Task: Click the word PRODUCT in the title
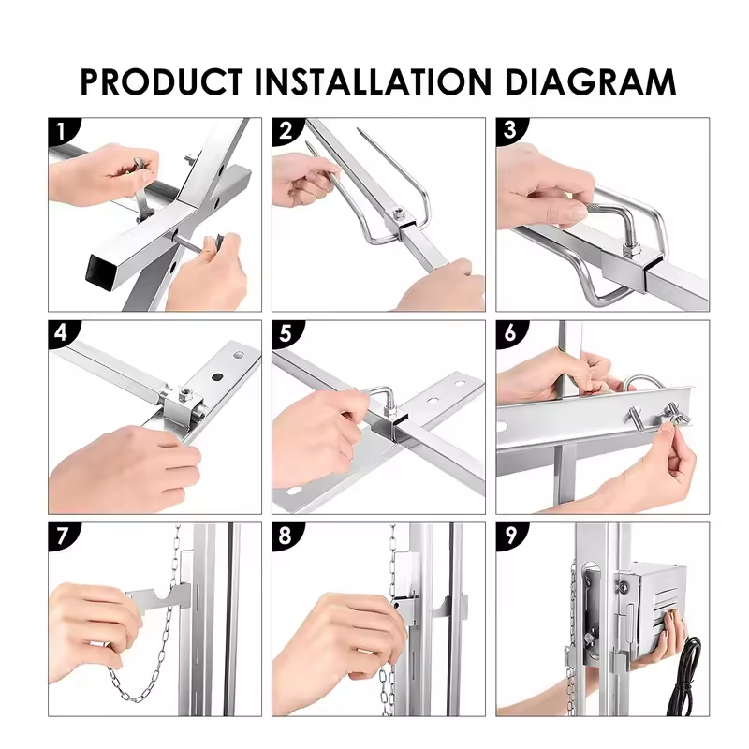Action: tap(161, 81)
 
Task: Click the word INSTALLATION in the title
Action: tap(373, 81)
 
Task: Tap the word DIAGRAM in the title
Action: tap(590, 81)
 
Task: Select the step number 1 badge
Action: tap(62, 130)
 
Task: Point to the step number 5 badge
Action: tap(286, 333)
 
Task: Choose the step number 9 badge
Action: tap(510, 535)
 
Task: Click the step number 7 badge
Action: tap(62, 535)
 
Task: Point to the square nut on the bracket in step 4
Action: tap(183, 394)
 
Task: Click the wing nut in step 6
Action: tap(673, 415)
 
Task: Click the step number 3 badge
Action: tap(510, 130)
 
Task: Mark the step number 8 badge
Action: tap(286, 535)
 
